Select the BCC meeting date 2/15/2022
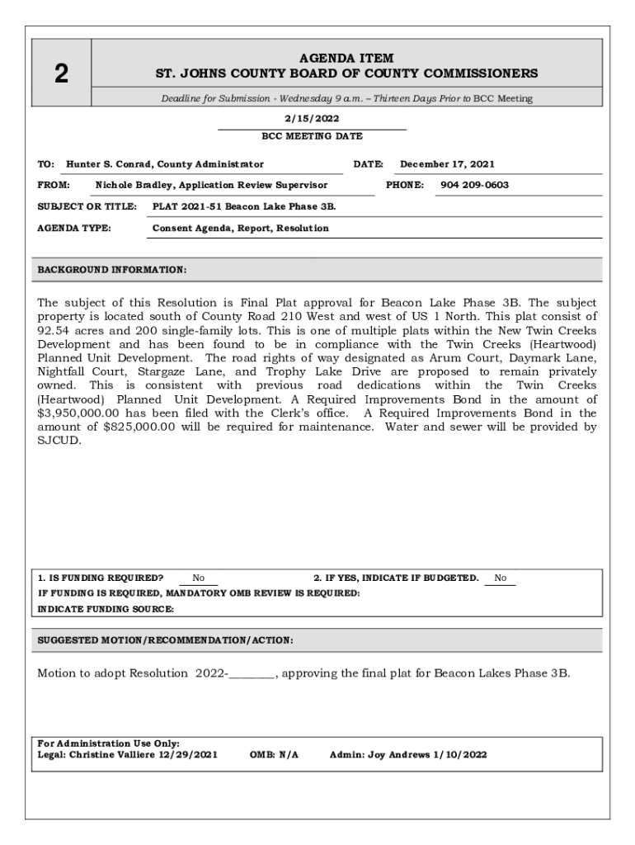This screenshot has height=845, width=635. coord(312,119)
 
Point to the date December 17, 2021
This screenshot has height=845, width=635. coord(447,164)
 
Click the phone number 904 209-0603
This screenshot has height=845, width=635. coord(474,185)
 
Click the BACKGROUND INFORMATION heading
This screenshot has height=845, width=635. coord(112,270)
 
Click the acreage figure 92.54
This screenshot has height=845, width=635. coord(55,330)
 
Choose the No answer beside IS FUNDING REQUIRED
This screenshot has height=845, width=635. coord(199,578)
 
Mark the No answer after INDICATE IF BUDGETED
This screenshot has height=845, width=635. coord(501,578)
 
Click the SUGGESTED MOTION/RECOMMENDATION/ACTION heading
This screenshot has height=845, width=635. coord(165,640)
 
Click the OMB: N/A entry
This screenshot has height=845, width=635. coord(274,754)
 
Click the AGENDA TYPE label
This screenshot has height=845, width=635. coord(75,228)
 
